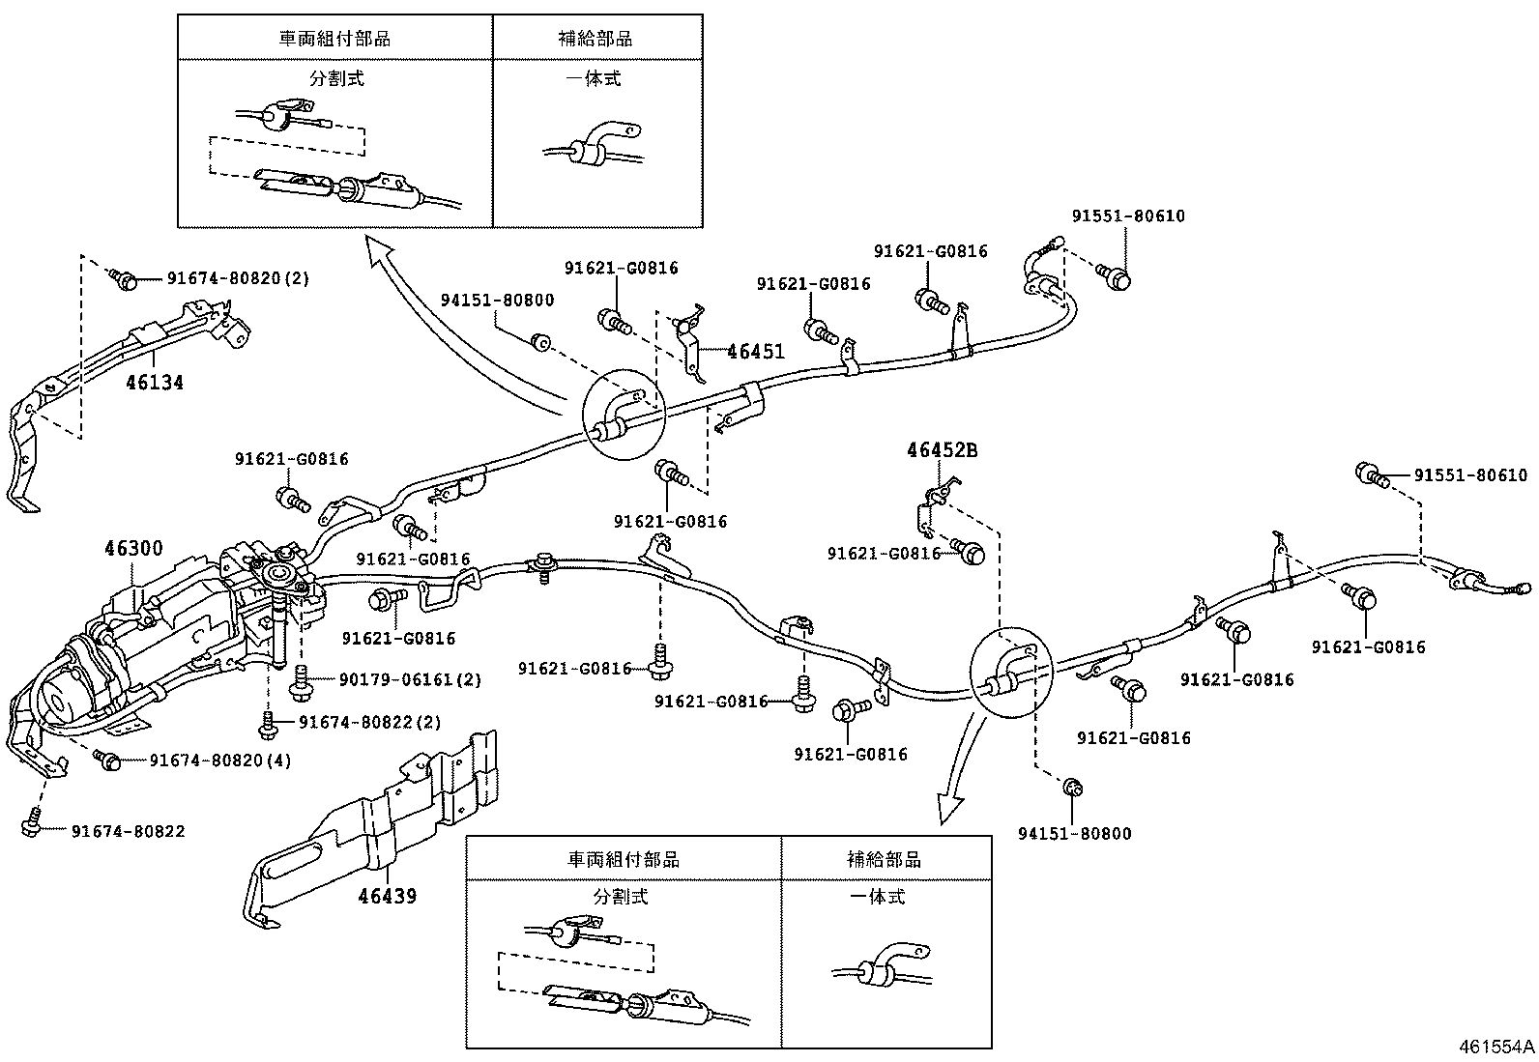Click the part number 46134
tap(154, 383)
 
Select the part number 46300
tap(133, 549)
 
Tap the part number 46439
tap(387, 896)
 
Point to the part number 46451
tap(755, 352)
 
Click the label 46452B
tap(942, 450)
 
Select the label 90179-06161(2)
tap(410, 680)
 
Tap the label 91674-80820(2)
tap(238, 278)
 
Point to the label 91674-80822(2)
tap(369, 722)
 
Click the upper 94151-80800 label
tap(498, 301)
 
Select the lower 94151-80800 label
tap(1074, 834)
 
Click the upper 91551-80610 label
tap(1127, 216)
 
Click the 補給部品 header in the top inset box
tap(595, 39)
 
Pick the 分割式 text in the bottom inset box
tap(621, 897)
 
